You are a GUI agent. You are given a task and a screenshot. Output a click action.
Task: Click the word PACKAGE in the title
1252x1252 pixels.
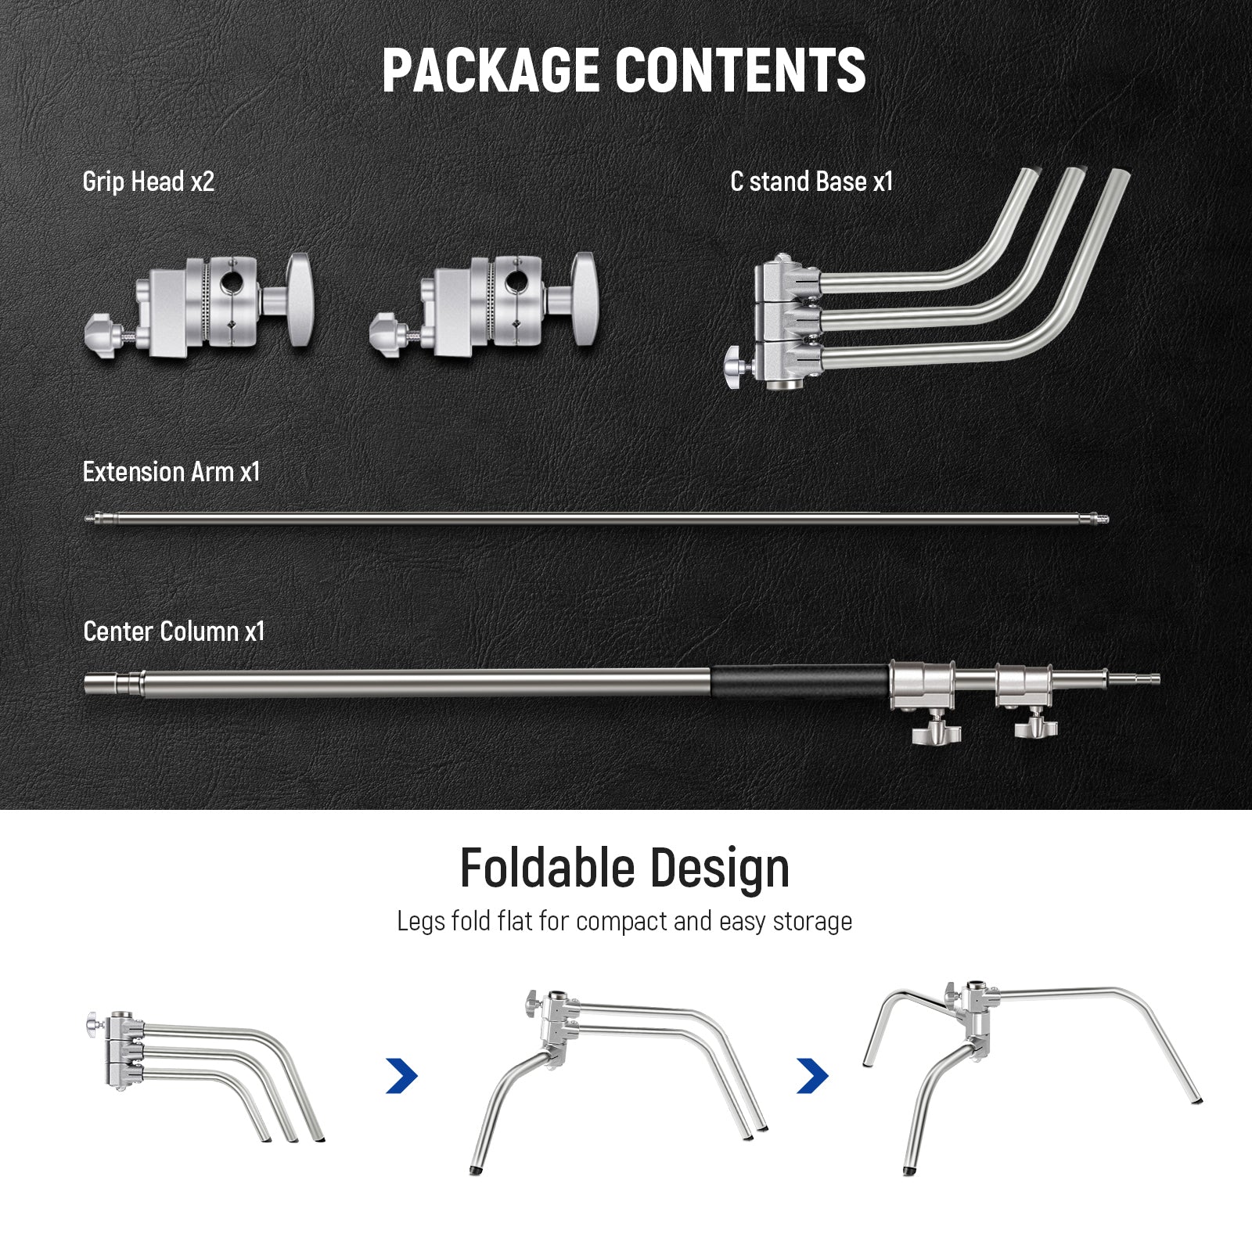(492, 70)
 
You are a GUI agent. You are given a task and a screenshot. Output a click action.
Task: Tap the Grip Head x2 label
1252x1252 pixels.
(148, 182)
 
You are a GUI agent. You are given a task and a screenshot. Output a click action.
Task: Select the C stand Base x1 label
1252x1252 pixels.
(811, 182)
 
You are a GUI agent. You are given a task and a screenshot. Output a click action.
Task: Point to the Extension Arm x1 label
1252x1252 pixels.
(171, 472)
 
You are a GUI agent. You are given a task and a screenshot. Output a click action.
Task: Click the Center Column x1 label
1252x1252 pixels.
(174, 631)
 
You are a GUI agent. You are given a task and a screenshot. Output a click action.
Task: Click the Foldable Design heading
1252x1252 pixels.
(624, 869)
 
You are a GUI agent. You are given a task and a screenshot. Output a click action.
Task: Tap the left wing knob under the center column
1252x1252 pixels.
(935, 728)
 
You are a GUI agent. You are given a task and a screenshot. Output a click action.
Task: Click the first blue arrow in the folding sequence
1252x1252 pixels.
(402, 1076)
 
